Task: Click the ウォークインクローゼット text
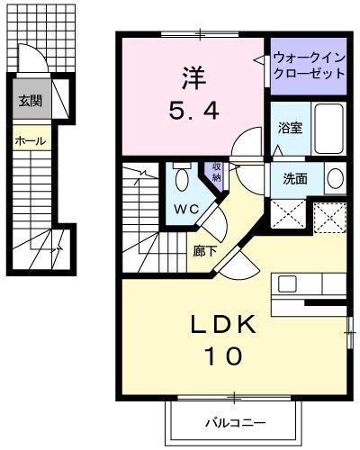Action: [308, 66]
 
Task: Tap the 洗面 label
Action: [295, 178]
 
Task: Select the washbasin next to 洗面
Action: [334, 177]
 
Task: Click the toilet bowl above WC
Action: [182, 180]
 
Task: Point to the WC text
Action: [185, 210]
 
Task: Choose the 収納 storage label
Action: [216, 174]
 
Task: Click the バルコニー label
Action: [231, 420]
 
